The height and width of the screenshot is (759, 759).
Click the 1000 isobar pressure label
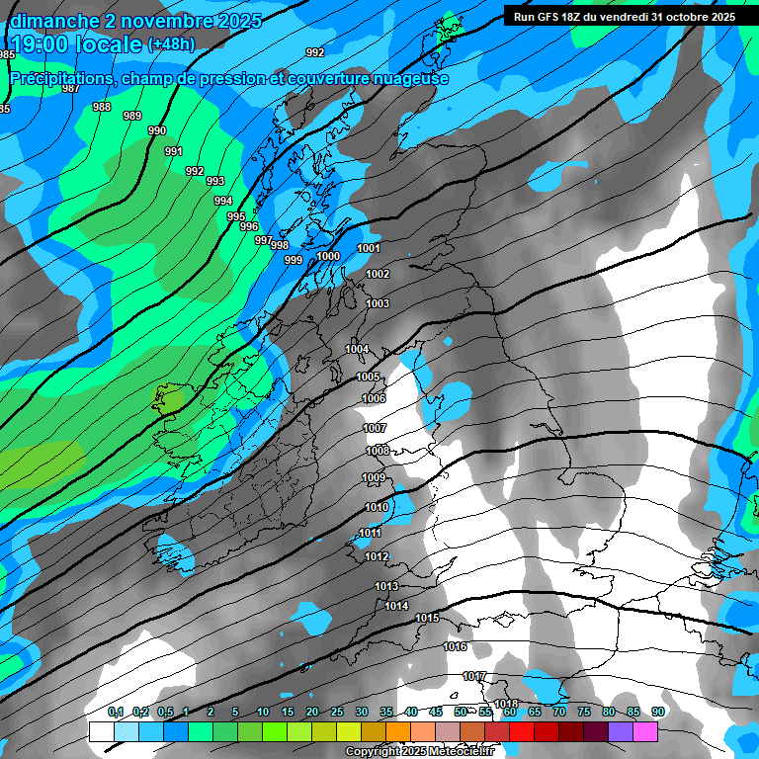tap(328, 256)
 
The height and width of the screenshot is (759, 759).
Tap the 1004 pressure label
tap(357, 349)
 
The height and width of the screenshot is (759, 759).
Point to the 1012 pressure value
tap(376, 556)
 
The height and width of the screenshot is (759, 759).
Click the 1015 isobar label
tap(427, 618)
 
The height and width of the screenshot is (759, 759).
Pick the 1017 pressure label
tap(474, 676)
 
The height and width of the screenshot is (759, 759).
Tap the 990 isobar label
tap(157, 130)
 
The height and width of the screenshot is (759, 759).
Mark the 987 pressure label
tap(71, 88)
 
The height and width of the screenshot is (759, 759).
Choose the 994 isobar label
tap(223, 201)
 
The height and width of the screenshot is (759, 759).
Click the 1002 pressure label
tap(378, 274)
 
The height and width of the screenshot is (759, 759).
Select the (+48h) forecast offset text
tap(172, 44)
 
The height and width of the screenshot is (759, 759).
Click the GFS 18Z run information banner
tap(625, 16)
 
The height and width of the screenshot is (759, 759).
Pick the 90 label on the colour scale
tap(657, 712)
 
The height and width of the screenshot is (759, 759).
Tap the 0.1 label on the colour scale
tap(116, 712)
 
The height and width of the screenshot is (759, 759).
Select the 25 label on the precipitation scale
tap(336, 712)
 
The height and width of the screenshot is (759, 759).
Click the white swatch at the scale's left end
tap(101, 731)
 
